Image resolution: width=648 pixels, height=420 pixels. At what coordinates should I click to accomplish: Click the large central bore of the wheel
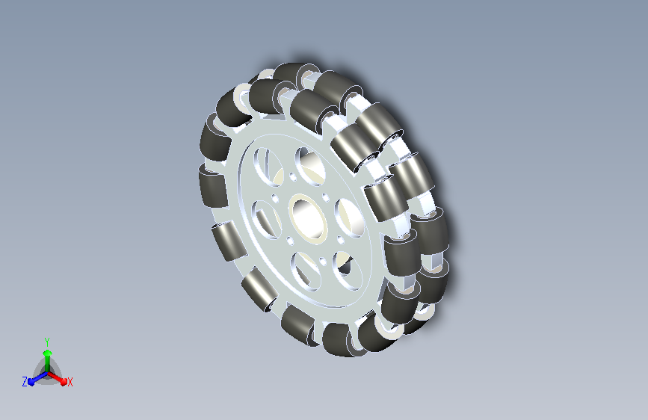[308, 217]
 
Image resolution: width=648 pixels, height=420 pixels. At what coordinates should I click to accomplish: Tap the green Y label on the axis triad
[47, 342]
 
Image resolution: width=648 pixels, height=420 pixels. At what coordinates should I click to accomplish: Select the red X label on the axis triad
[70, 382]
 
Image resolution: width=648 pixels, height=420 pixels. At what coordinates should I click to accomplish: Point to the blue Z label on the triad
[25, 382]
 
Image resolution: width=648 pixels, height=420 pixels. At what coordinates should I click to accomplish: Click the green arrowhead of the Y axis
[48, 353]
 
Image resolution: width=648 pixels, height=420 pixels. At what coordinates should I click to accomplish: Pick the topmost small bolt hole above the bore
[293, 177]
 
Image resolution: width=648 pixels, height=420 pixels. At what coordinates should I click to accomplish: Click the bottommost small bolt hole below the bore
[323, 262]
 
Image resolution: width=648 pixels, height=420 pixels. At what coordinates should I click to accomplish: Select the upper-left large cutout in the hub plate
[268, 166]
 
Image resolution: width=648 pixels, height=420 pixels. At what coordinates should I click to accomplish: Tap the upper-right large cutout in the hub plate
[310, 166]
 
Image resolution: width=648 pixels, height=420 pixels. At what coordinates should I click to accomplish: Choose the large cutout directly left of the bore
[265, 219]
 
